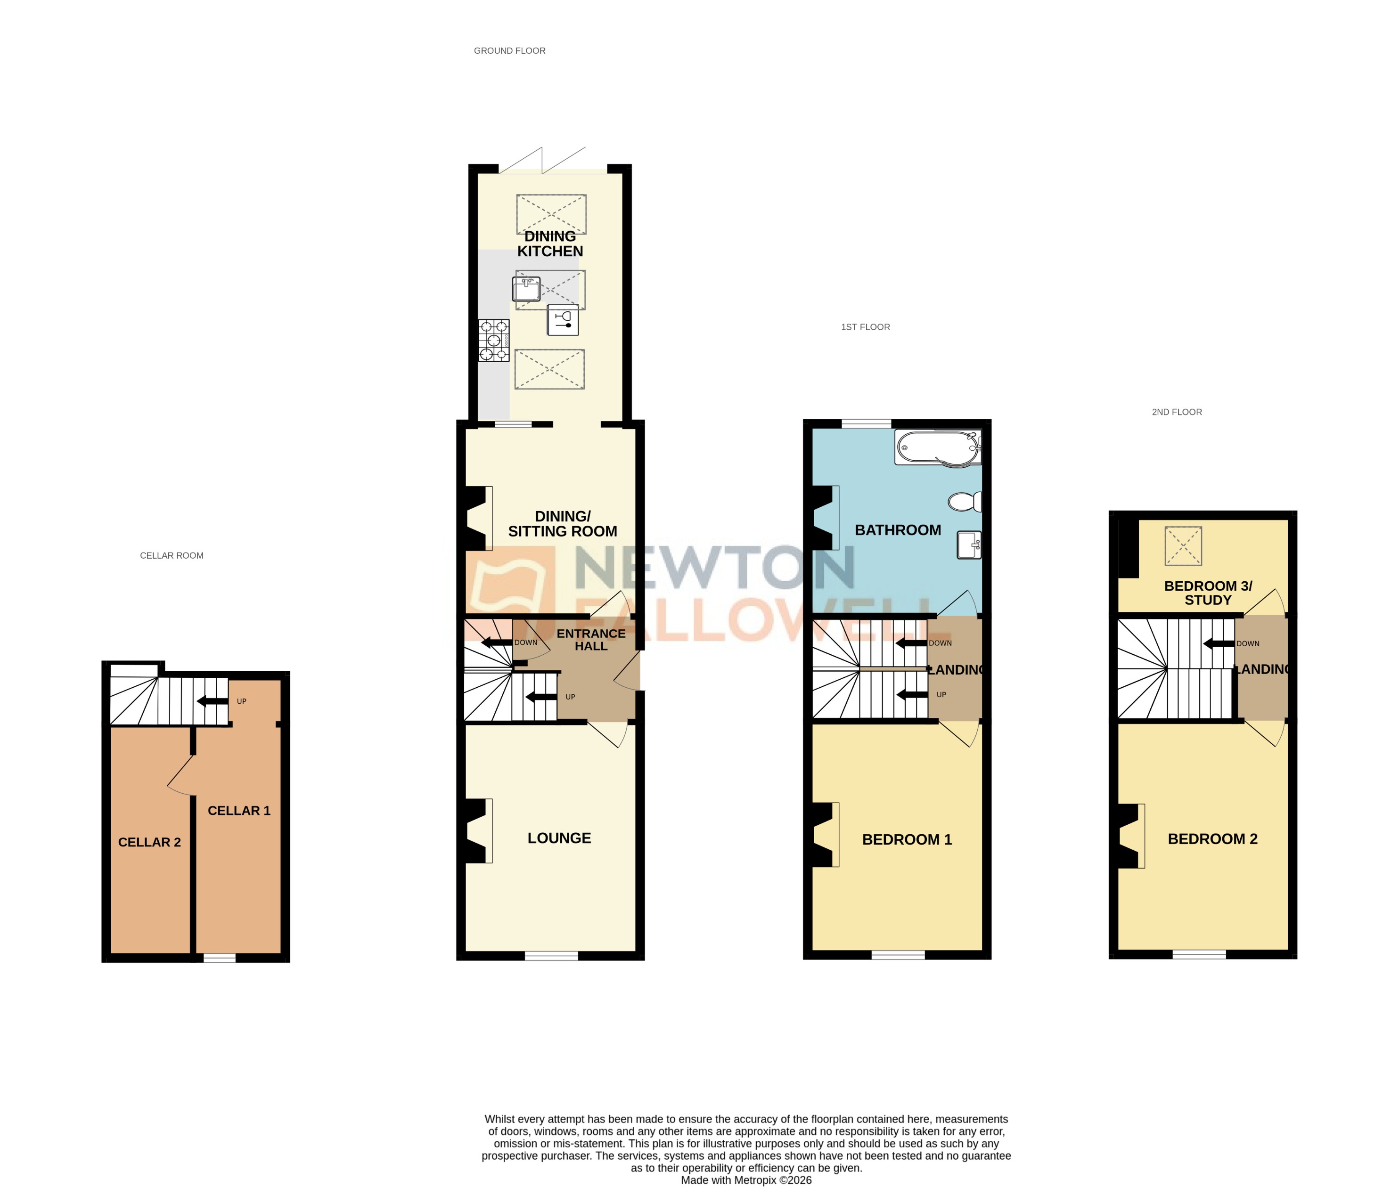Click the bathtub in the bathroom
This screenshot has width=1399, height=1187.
coord(938,447)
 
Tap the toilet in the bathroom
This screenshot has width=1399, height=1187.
coord(965,501)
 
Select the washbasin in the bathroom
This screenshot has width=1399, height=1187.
coord(969,545)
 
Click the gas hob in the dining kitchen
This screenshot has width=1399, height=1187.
coord(493,341)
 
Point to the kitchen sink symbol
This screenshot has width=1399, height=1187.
coord(526,289)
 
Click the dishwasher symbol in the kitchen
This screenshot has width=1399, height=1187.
coord(563,320)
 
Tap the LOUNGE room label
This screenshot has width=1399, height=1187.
coord(559,838)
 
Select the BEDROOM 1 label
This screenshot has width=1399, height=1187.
coord(906,839)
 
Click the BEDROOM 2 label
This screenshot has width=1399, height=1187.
coord(1212,838)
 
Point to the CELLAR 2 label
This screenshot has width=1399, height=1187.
coord(149,842)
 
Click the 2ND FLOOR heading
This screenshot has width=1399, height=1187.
coord(1176,412)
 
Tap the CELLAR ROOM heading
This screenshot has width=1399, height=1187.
coord(172,555)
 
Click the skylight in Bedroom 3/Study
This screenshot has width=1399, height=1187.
coord(1183,545)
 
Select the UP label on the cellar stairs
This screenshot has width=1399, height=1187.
coord(242,701)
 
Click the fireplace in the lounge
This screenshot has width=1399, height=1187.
coord(478,830)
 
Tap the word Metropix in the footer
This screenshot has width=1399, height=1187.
coord(753,1179)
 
